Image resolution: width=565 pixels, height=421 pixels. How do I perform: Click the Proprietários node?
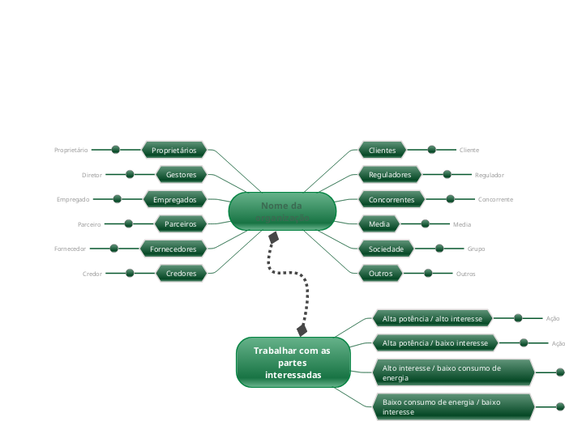tap(174, 150)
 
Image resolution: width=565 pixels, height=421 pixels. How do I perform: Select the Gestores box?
tap(182, 174)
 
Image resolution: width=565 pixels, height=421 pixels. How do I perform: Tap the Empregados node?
tap(175, 199)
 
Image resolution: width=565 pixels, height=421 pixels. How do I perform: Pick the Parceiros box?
tap(181, 223)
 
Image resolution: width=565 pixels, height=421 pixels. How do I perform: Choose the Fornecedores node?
tap(173, 249)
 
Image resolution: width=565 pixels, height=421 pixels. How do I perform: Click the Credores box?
tap(182, 274)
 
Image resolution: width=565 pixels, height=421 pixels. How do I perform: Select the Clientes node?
tap(382, 150)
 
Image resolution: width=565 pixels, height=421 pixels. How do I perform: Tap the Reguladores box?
tap(390, 174)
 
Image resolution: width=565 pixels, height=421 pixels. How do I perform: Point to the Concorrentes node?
tap(392, 199)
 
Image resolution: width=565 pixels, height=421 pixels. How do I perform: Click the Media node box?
tap(379, 223)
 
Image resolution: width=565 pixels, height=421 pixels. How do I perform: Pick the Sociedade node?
tap(387, 249)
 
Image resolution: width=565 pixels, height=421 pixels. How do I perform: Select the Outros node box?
tap(380, 274)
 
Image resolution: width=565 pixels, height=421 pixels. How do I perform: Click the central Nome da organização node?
tap(282, 211)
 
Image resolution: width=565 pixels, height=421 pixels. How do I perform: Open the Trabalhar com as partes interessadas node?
tap(293, 363)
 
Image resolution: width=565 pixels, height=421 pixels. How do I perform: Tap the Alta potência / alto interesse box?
tap(432, 318)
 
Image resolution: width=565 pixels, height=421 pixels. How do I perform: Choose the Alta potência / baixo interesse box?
tap(434, 343)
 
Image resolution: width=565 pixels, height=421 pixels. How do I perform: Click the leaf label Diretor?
tap(92, 175)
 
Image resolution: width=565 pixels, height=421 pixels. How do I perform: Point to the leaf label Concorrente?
tap(495, 199)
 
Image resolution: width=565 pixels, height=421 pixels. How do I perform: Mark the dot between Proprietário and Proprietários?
tap(116, 150)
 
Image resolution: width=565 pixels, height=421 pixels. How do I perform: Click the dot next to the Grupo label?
tap(439, 249)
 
